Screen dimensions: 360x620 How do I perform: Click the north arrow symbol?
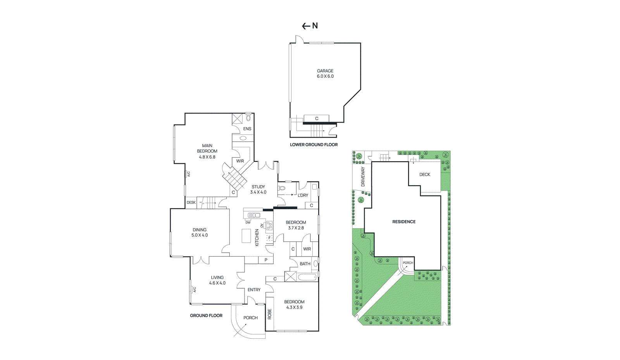coord(310,26)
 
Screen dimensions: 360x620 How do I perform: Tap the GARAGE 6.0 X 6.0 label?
coord(325,74)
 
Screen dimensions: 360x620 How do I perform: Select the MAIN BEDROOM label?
coord(207,151)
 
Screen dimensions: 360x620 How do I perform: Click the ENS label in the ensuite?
coord(247,129)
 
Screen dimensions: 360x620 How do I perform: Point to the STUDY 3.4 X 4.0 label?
coord(258,189)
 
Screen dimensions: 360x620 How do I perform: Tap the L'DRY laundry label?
coord(303,195)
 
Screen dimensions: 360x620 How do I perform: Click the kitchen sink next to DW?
coord(254,215)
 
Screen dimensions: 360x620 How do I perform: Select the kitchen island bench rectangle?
coord(246,236)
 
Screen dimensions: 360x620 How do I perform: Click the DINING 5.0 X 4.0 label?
coord(200,233)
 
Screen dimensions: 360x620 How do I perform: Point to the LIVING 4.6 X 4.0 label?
coord(217,280)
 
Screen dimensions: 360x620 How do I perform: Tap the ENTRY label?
coord(254,290)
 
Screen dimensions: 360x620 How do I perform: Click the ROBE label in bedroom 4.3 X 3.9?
coord(270,314)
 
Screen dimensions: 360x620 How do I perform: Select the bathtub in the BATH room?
coord(307,277)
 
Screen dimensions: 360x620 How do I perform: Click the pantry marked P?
coord(266,260)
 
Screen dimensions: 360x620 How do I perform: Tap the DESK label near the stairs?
coord(191,203)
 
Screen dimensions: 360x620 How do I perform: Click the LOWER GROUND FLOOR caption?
coord(314,145)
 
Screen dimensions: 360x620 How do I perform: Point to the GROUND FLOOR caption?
coord(206,315)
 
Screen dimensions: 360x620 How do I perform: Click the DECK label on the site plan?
coord(425,174)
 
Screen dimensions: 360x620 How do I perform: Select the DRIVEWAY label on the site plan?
coord(363,177)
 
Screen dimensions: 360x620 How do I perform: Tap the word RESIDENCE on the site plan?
coord(404,222)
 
